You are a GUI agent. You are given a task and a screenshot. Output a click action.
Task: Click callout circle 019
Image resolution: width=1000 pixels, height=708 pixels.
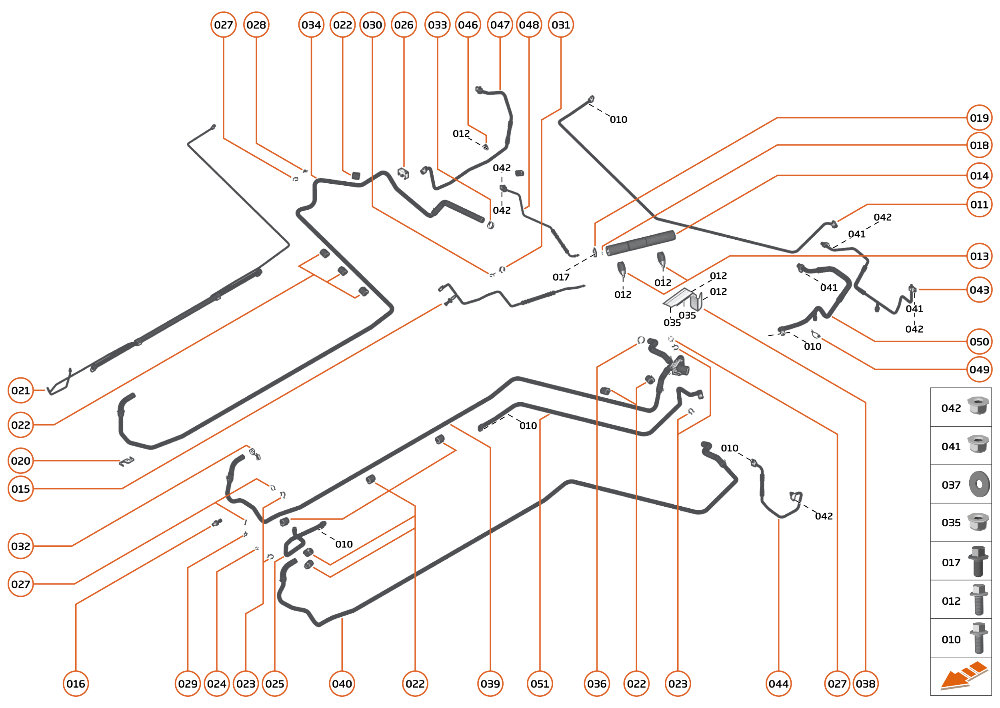(979, 118)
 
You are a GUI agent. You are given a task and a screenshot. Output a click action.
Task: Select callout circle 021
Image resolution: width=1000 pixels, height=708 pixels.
(20, 390)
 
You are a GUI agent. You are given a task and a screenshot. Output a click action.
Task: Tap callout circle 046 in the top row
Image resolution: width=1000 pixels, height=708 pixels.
(468, 25)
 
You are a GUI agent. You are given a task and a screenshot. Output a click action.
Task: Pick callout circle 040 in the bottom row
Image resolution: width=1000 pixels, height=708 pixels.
(342, 684)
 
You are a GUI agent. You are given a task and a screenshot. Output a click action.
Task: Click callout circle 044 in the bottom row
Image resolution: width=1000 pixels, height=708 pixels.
(778, 684)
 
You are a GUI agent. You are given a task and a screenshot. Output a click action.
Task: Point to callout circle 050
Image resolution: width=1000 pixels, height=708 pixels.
(979, 341)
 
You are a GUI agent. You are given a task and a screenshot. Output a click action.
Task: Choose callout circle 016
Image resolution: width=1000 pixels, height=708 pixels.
(76, 684)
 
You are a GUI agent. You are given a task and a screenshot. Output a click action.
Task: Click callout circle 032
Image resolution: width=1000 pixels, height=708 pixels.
(20, 546)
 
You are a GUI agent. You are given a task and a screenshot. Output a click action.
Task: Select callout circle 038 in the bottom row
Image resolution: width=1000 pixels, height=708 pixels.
(865, 684)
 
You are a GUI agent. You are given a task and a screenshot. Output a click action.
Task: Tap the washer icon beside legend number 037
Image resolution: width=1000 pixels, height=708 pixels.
(979, 484)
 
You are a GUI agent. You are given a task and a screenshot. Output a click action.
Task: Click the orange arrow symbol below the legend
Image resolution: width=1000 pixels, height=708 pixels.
(963, 677)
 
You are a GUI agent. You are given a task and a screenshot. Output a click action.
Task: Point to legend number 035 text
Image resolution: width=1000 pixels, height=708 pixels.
(951, 523)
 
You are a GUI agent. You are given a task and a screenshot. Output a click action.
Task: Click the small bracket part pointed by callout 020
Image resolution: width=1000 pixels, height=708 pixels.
(126, 461)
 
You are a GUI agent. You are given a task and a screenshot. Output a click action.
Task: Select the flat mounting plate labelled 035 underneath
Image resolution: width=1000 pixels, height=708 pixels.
(677, 298)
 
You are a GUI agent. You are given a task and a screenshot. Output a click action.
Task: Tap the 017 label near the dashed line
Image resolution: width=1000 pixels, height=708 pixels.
(561, 277)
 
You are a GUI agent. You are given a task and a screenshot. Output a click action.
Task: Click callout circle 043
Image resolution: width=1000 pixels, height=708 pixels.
(979, 289)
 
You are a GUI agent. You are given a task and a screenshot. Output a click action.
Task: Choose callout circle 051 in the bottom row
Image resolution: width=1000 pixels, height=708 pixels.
(540, 684)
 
